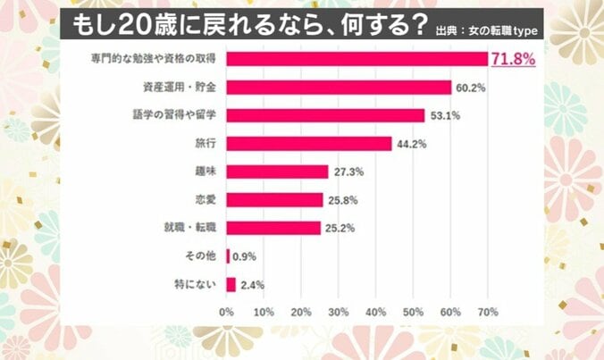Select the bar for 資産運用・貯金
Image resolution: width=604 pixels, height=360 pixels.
339,88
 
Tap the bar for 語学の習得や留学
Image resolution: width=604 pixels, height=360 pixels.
325,115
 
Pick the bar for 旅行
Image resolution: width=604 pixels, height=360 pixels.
309,144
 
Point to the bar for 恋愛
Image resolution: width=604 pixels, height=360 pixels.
274,200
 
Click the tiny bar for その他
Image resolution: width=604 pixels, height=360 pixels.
229,256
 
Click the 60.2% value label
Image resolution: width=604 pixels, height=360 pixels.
471,88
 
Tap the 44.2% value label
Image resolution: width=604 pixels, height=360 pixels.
411,144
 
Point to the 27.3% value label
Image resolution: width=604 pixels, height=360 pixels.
348,172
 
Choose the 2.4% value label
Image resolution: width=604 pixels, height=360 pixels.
252,285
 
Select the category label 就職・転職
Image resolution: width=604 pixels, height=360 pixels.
193,228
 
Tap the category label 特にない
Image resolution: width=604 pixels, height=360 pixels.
196,285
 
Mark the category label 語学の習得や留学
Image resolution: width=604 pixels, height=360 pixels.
175,115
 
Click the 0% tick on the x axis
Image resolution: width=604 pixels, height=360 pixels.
227,313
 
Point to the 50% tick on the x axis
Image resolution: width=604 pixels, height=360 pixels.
414,313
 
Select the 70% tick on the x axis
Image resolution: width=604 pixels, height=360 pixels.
488,313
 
